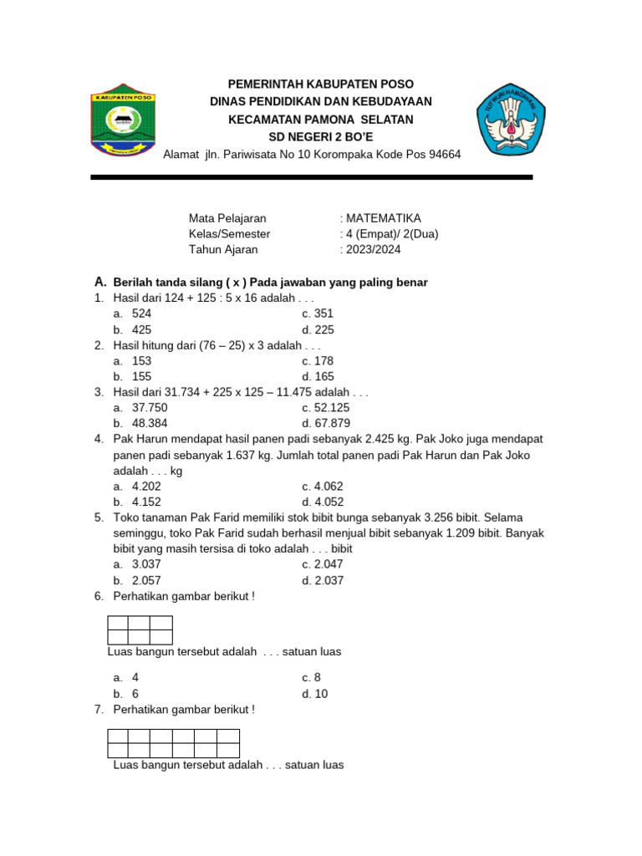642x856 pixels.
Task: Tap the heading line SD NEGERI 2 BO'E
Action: tap(321, 137)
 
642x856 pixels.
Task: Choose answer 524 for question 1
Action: tap(142, 313)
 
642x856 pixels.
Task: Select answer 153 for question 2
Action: tap(142, 361)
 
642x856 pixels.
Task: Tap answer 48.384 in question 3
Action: tap(150, 424)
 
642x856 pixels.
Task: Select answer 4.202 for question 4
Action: tap(147, 487)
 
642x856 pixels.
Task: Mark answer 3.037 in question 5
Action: tap(147, 565)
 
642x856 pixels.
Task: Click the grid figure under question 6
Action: tap(140, 630)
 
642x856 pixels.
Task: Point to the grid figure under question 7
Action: tap(174, 743)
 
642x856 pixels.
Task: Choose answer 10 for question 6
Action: tap(321, 694)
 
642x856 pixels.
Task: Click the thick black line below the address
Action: tap(311, 177)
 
